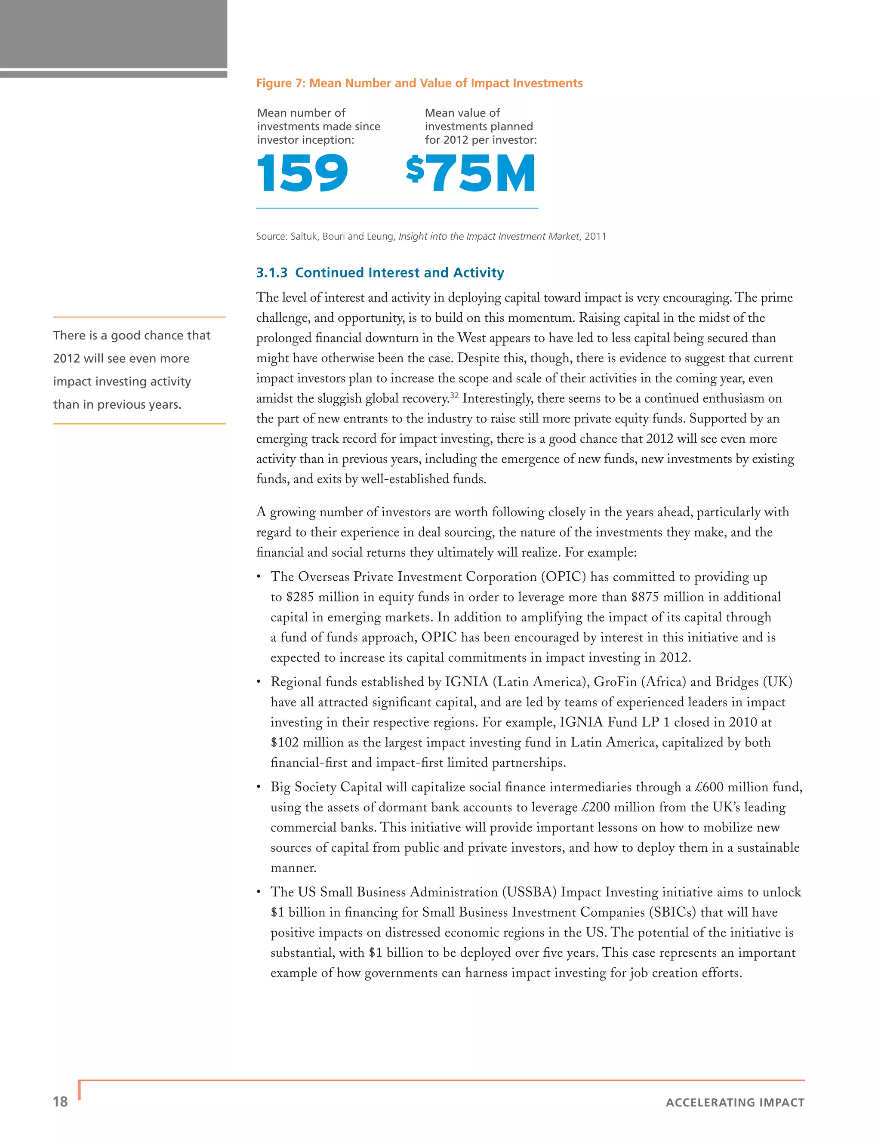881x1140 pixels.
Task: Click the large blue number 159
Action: coord(302,173)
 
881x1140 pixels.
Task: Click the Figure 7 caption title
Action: coord(419,83)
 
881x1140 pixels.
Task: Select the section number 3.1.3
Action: coord(271,273)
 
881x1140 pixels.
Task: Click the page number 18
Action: coord(60,1102)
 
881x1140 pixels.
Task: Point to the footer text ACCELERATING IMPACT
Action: coord(735,1103)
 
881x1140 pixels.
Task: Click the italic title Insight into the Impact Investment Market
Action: coord(489,237)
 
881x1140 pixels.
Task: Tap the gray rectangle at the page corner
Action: coord(113,34)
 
